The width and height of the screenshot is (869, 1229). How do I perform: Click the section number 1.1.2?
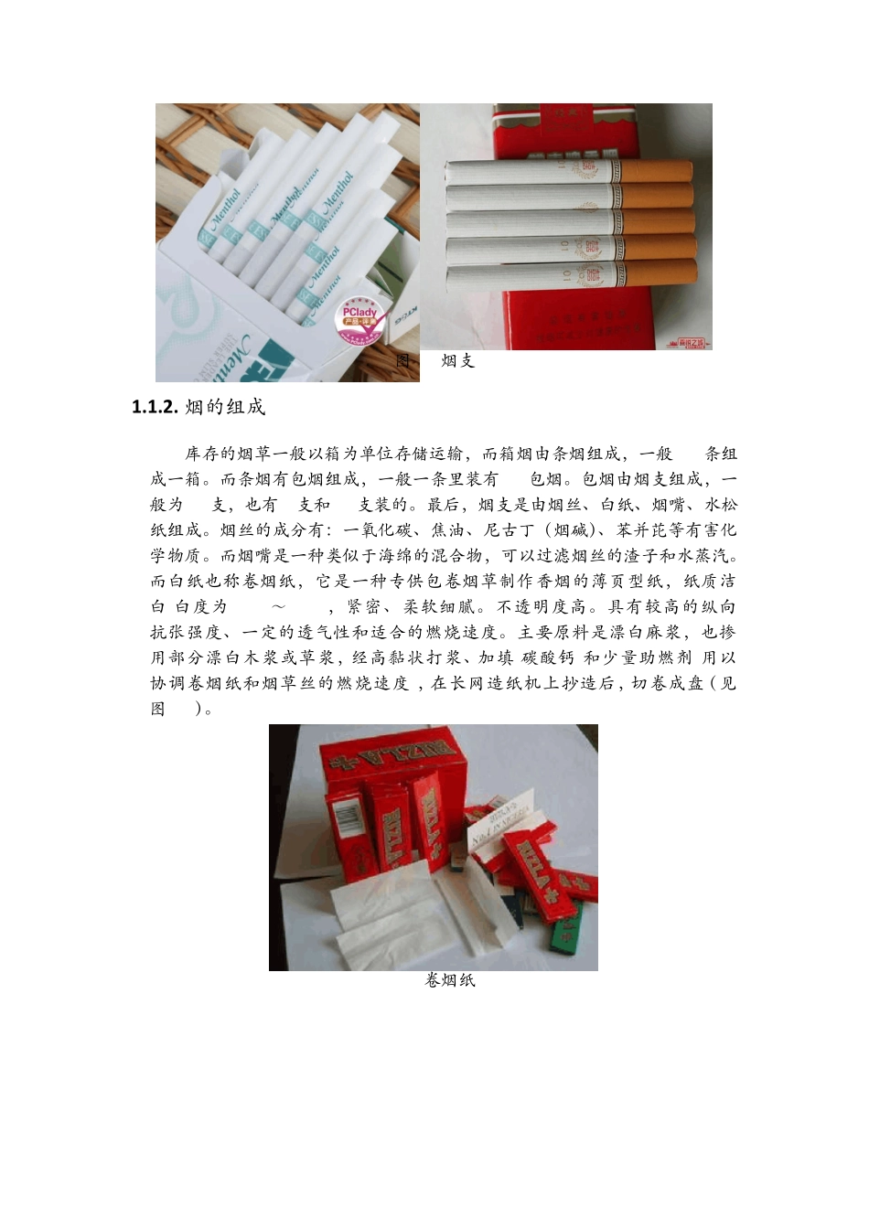click(155, 408)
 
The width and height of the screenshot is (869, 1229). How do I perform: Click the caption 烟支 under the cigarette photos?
click(458, 361)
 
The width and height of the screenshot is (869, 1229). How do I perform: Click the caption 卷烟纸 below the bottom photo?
click(450, 981)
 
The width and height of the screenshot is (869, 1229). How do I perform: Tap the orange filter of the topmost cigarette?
click(657, 171)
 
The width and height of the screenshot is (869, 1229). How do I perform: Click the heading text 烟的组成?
click(225, 408)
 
